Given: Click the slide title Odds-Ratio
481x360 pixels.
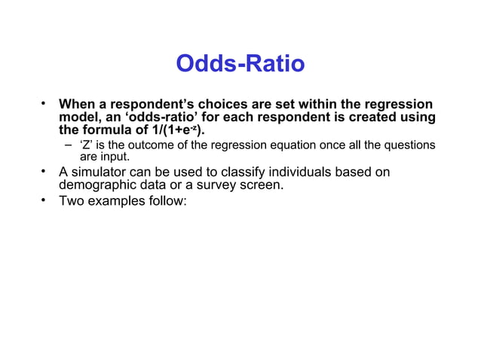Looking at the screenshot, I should coord(240,64).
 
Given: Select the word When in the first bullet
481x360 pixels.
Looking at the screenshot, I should coord(78,104).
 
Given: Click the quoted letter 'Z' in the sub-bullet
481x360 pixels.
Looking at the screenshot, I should coord(86,145).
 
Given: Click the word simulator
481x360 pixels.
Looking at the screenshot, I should coord(103,172).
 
